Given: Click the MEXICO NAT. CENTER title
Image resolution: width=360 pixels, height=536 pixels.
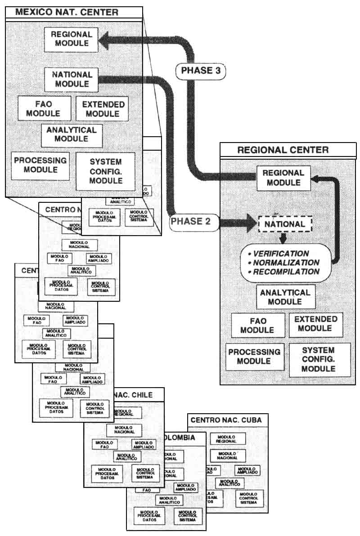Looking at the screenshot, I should [67, 12].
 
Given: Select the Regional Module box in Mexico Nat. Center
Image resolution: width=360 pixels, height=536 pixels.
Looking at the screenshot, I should [72, 39].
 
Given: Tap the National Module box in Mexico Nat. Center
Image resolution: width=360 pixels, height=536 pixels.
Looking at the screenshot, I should [72, 79].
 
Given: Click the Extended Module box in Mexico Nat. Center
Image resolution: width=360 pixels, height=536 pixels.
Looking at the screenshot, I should [102, 109].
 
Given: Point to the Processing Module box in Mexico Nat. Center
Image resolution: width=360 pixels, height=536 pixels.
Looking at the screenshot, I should [40, 165].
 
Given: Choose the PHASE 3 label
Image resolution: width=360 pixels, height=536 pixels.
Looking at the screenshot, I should [200, 70].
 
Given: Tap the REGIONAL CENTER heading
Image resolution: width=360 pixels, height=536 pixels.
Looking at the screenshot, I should [283, 150].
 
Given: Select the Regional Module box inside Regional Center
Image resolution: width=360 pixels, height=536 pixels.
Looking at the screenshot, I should [283, 178].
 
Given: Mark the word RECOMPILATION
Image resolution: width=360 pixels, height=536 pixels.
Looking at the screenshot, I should [286, 272].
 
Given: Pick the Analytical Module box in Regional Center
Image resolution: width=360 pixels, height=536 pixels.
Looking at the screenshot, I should [285, 297].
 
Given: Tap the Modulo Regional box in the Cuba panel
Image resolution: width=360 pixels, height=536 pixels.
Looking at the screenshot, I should [228, 439].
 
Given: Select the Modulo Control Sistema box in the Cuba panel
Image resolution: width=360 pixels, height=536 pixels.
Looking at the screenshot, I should [248, 498].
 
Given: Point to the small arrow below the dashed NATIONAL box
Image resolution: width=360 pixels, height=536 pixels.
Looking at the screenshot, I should [283, 237].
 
